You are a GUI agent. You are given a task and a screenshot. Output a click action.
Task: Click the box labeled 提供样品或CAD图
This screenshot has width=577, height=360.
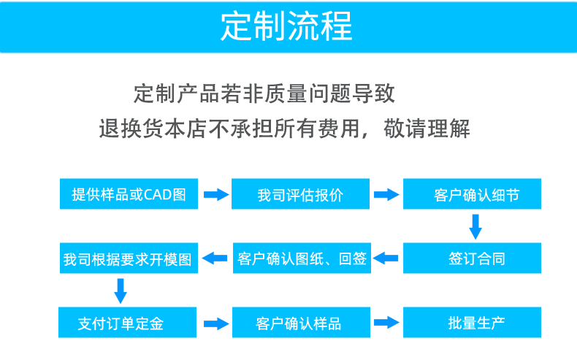pos(129,194)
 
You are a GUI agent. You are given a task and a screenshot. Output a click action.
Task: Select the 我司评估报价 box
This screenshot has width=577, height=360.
pos(300,194)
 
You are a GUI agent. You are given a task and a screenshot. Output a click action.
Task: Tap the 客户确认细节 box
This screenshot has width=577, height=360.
pos(473,194)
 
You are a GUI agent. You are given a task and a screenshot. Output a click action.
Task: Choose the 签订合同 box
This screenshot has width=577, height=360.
pos(473,258)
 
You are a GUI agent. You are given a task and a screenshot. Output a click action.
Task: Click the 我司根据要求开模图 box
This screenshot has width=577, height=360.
pos(128,259)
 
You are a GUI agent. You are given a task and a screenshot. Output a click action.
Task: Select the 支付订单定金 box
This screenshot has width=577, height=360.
pos(129,322)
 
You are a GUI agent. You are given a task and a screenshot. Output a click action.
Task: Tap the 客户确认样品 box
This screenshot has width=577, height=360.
pos(300,322)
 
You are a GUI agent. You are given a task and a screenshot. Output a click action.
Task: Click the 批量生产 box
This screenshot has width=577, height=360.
pos(473,322)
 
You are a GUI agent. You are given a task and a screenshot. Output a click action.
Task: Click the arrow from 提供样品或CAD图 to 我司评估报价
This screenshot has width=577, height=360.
pos(215,195)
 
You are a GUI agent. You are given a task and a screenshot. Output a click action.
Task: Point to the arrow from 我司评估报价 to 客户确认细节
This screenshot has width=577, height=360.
pos(386,195)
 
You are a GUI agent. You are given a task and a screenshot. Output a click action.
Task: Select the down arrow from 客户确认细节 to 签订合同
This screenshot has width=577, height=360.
pos(475,227)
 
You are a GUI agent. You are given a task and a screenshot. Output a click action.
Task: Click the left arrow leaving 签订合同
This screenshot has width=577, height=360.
pos(386,258)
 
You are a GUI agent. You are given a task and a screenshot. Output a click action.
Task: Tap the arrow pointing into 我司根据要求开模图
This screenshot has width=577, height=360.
pos(215,258)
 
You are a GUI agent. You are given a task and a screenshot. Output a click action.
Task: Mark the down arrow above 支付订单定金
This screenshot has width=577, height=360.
pos(121,291)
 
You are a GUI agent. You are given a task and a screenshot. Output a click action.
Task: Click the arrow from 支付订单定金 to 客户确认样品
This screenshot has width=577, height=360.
pos(215,322)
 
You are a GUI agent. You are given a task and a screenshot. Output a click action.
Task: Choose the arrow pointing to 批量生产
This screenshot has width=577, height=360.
pos(386,322)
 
